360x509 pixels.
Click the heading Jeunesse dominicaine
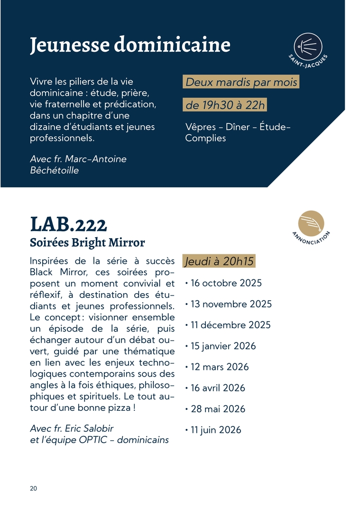[130, 45]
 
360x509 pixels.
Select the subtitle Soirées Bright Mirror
[87, 242]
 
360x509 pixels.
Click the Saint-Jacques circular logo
[308, 47]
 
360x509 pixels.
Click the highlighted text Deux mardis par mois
[241, 82]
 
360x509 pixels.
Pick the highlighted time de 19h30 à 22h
[225, 105]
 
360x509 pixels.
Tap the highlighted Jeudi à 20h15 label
[220, 261]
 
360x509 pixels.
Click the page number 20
[33, 489]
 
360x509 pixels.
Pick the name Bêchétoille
[54, 170]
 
